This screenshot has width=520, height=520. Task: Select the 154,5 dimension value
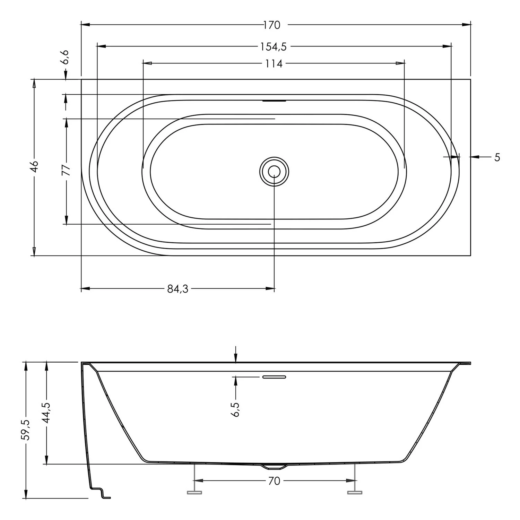[274, 46]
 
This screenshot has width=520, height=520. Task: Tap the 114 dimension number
[274, 64]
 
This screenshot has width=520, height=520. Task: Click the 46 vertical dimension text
[34, 166]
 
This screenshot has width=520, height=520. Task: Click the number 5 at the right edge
[497, 157]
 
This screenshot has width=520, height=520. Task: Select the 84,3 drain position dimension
[177, 289]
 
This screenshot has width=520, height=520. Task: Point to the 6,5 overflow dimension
[235, 409]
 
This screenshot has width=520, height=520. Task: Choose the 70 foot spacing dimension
[274, 481]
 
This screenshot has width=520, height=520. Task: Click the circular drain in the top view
[274, 171]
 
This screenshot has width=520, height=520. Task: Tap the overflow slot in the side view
[274, 377]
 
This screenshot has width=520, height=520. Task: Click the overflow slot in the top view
[274, 101]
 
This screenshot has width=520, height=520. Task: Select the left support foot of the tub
[194, 492]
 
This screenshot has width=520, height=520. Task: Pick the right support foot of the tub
[354, 492]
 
